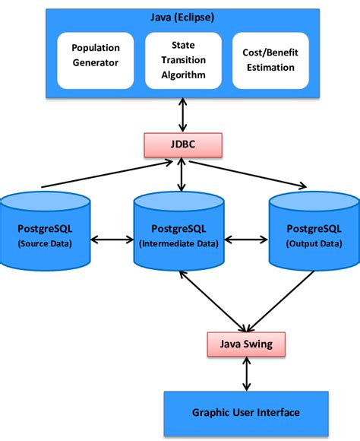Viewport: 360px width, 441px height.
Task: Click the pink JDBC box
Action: coord(181,143)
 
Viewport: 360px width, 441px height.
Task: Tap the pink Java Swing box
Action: coord(245,344)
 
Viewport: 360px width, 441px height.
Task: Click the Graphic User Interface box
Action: coord(245,412)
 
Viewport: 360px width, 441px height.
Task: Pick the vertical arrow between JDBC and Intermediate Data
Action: coord(181,174)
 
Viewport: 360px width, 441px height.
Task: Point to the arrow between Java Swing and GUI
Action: coord(245,374)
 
